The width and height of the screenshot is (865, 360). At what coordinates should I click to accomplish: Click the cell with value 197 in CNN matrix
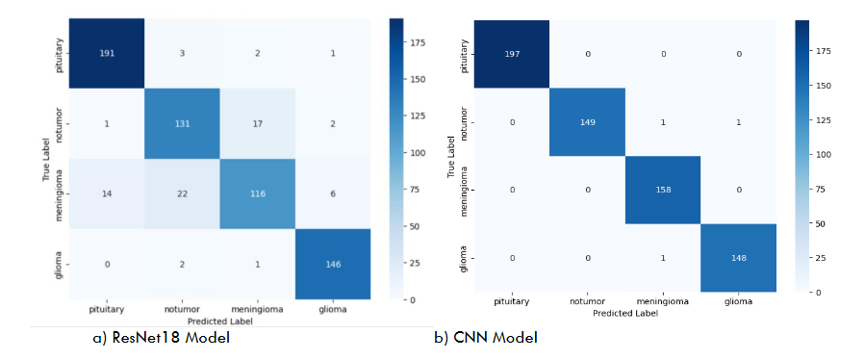point(512,53)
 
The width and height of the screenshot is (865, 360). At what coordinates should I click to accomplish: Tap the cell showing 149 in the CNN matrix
point(587,121)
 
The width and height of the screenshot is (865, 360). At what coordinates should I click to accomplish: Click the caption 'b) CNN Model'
point(485,338)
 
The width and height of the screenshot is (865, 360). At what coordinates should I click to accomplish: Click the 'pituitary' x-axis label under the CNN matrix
point(512,302)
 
